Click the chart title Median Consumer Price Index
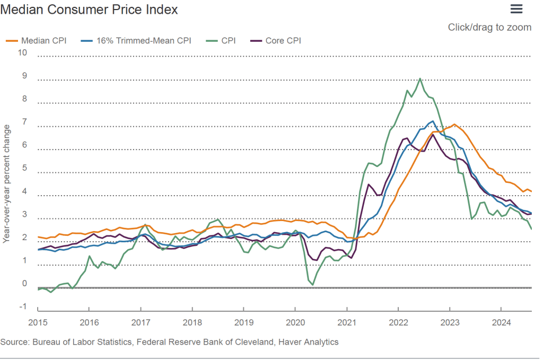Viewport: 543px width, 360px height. coord(89,10)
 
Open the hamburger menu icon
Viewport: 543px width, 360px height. coord(516,8)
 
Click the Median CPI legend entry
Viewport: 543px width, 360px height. coord(43,40)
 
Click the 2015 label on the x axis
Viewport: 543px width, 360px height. coord(38,322)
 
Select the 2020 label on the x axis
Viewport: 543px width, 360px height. coord(295,322)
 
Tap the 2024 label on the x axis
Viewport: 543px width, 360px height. coord(501,322)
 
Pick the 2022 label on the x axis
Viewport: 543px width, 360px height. coord(398,322)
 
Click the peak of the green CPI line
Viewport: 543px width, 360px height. coord(420,78)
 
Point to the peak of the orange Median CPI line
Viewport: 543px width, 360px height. coord(454,124)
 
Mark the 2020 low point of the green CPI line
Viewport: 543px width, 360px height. coord(313,285)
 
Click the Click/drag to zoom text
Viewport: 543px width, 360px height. coord(489,27)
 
